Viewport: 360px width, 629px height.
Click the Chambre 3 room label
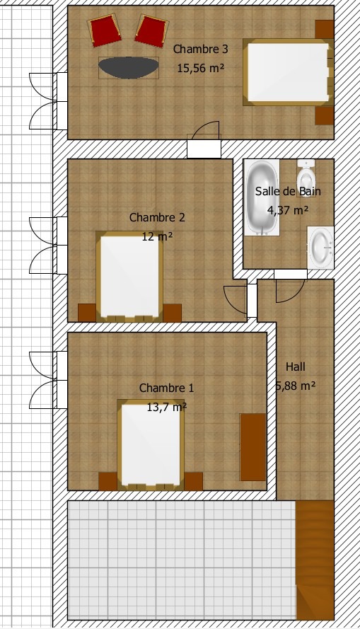pos(200,50)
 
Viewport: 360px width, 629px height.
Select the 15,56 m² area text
pos(200,67)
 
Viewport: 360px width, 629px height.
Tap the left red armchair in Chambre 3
pos(104,31)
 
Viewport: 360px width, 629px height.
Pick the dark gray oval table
pos(128,67)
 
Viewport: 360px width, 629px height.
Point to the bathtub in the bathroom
pos(262,197)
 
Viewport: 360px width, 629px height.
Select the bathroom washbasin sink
pos(321,247)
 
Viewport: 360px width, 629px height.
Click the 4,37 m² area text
pos(288,209)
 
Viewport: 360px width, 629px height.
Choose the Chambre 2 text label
pos(157,218)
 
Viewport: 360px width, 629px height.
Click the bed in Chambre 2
pos(129,276)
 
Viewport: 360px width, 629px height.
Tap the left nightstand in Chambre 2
pos(86,313)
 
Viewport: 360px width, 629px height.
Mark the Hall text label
pos(296,367)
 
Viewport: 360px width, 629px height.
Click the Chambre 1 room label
pos(166,388)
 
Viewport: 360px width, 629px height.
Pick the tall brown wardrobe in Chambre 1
pos(252,446)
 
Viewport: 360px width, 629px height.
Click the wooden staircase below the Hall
pos(314,559)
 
